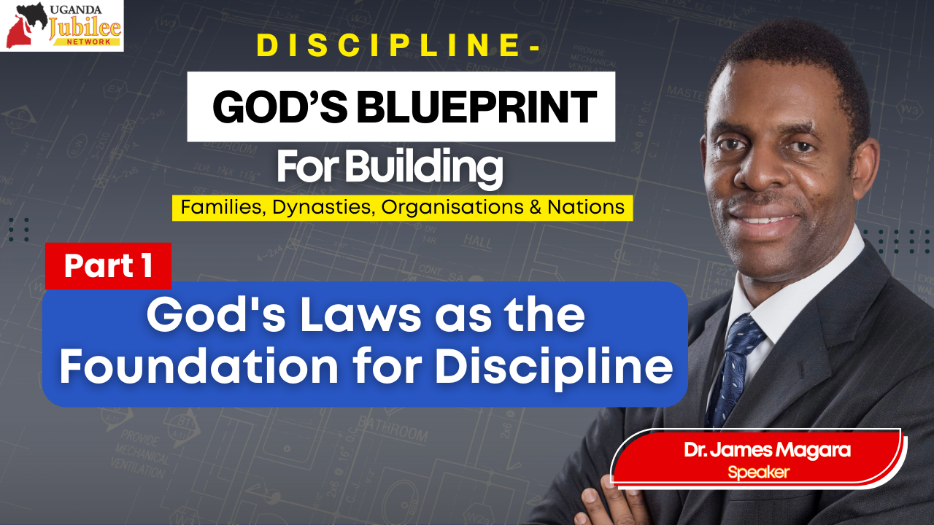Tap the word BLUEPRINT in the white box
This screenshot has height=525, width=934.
(476, 107)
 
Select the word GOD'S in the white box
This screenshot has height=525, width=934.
(279, 107)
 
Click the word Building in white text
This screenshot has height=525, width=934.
(424, 167)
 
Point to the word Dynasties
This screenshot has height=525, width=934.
(321, 208)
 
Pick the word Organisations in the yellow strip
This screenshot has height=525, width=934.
(452, 208)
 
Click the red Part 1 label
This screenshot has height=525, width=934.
(109, 265)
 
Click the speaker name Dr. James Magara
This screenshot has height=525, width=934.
(767, 450)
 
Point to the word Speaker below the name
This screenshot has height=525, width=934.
(758, 472)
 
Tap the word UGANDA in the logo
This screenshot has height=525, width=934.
(75, 9)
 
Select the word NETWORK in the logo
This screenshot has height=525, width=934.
(89, 42)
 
